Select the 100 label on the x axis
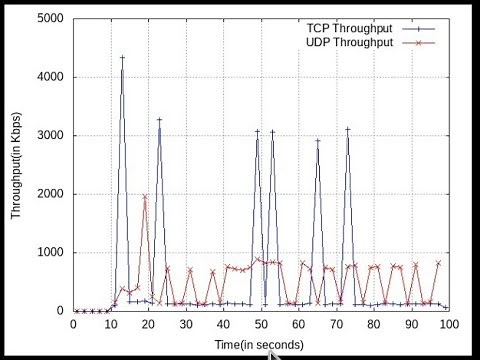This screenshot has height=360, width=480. click(448, 324)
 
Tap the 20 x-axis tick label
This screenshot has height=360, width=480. click(148, 324)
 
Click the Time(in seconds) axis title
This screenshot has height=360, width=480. click(260, 344)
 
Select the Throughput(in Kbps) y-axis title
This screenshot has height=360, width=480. click(16, 165)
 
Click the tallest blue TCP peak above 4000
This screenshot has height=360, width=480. click(122, 58)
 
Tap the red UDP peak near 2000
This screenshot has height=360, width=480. click(145, 197)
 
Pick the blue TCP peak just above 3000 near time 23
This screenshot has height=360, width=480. click(159, 120)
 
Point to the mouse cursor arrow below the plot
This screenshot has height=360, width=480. click(273, 350)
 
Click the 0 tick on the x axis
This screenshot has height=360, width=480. click(73, 324)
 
